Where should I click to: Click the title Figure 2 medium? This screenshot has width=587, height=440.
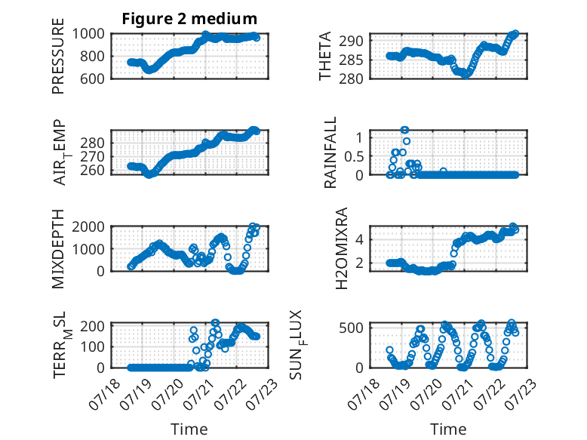coord(189,19)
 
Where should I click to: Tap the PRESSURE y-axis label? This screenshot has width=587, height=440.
coord(58,56)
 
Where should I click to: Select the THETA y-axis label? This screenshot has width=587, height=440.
coord(325,56)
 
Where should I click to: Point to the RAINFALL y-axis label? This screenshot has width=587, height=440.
coord(330,152)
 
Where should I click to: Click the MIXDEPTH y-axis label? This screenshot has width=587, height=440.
coord(58,249)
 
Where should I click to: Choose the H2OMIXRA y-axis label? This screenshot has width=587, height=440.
coord(342,248)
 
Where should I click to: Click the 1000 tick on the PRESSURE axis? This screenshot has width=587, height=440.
coord(88,34)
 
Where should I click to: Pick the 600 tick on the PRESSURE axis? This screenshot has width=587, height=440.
coord(93,78)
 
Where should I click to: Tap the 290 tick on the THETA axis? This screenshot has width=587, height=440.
coord(351,41)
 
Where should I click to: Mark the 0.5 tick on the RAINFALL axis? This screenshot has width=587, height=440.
coord(354,156)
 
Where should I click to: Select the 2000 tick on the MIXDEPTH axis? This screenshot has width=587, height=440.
coord(88,226)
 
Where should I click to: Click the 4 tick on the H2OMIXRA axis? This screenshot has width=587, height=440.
coord(359,239)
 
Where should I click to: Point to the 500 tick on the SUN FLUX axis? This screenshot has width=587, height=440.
coord(351,328)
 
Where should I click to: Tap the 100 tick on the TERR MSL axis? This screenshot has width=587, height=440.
coord(93,346)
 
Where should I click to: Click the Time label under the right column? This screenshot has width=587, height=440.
coord(448,429)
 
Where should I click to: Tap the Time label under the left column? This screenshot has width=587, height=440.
coord(189,429)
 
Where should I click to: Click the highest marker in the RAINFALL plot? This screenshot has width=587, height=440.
coord(404,131)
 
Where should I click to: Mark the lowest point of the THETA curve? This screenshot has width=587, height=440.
coord(466,75)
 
